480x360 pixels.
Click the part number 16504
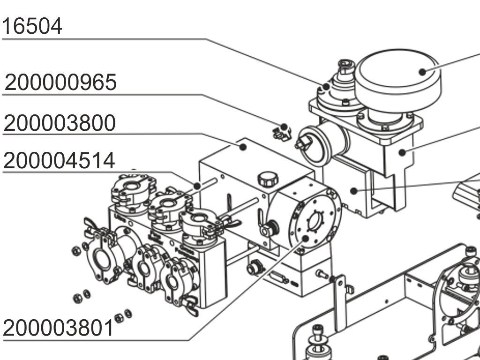pos(32,26)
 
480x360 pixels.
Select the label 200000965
pos(60,82)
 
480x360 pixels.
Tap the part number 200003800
pos(60,123)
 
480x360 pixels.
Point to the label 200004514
pos(59,161)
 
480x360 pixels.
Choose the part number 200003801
pos(59,328)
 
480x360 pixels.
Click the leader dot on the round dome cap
pos(422,72)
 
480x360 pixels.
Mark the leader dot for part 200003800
pos(243,147)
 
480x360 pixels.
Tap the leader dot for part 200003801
pos(305,239)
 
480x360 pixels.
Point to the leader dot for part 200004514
pos(197,186)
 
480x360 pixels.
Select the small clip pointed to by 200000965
pos(282,132)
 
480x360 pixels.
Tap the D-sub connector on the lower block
pos(280,278)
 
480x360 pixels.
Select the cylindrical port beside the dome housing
pos(318,143)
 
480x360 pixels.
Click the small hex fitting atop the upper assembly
pos(345,66)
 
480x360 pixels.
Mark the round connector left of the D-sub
pos(254,268)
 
